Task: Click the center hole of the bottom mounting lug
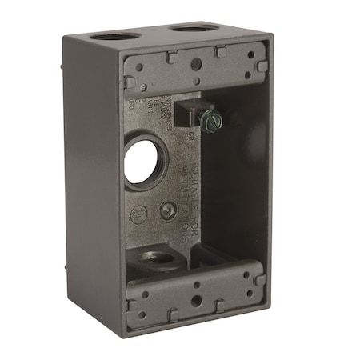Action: coord(194,304)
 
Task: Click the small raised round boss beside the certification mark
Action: coord(166,210)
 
